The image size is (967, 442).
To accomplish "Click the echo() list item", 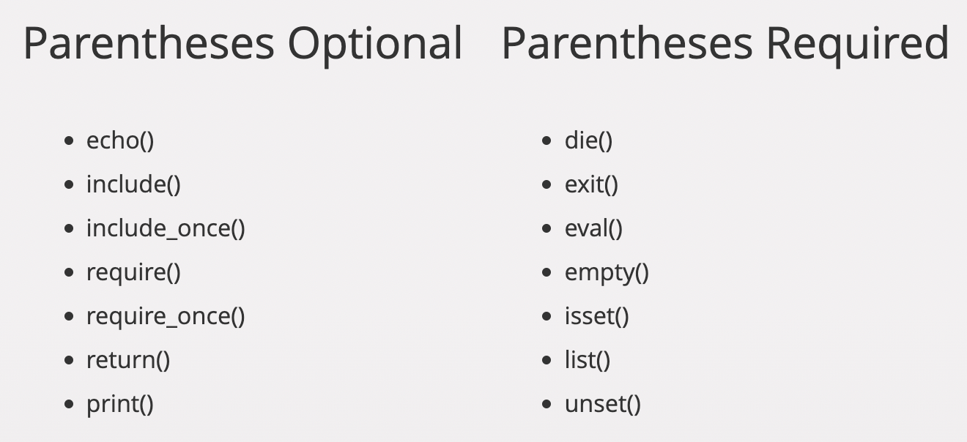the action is (120, 141).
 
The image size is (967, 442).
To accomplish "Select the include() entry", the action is (133, 185).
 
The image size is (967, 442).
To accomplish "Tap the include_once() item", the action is (166, 229).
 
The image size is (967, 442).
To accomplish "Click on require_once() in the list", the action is (166, 317).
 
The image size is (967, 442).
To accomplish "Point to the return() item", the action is (128, 361).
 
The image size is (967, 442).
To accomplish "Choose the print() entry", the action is (120, 405).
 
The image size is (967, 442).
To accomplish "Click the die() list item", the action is (588, 141).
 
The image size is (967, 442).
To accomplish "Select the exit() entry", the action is (591, 185).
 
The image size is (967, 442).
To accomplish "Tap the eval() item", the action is (593, 229).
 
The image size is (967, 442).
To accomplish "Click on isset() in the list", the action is (596, 317).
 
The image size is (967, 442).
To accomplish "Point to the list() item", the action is (588, 361).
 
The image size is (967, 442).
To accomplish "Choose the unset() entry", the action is (603, 405).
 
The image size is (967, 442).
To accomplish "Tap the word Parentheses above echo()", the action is (149, 43).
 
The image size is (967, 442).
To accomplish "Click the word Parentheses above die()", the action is (628, 43).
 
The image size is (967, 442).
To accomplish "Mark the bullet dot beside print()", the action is (69, 404).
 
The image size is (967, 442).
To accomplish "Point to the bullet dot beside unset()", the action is (547, 404).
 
